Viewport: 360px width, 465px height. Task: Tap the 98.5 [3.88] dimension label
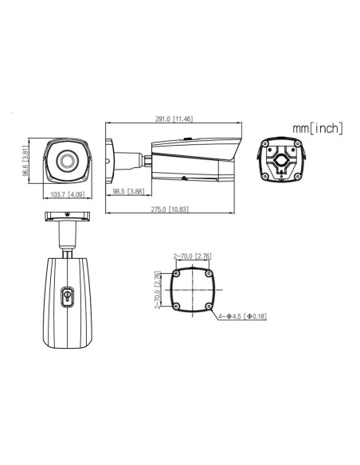[127, 192]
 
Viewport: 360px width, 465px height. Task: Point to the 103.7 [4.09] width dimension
[68, 193]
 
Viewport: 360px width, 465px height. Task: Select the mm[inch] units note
[316, 127]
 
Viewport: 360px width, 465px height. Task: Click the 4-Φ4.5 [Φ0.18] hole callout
[244, 317]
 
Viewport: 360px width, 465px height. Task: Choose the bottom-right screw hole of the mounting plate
[207, 306]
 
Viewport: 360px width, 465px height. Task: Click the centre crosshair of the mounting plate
[191, 290]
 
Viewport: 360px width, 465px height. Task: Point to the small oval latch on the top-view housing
[68, 296]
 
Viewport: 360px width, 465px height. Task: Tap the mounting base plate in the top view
[68, 216]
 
